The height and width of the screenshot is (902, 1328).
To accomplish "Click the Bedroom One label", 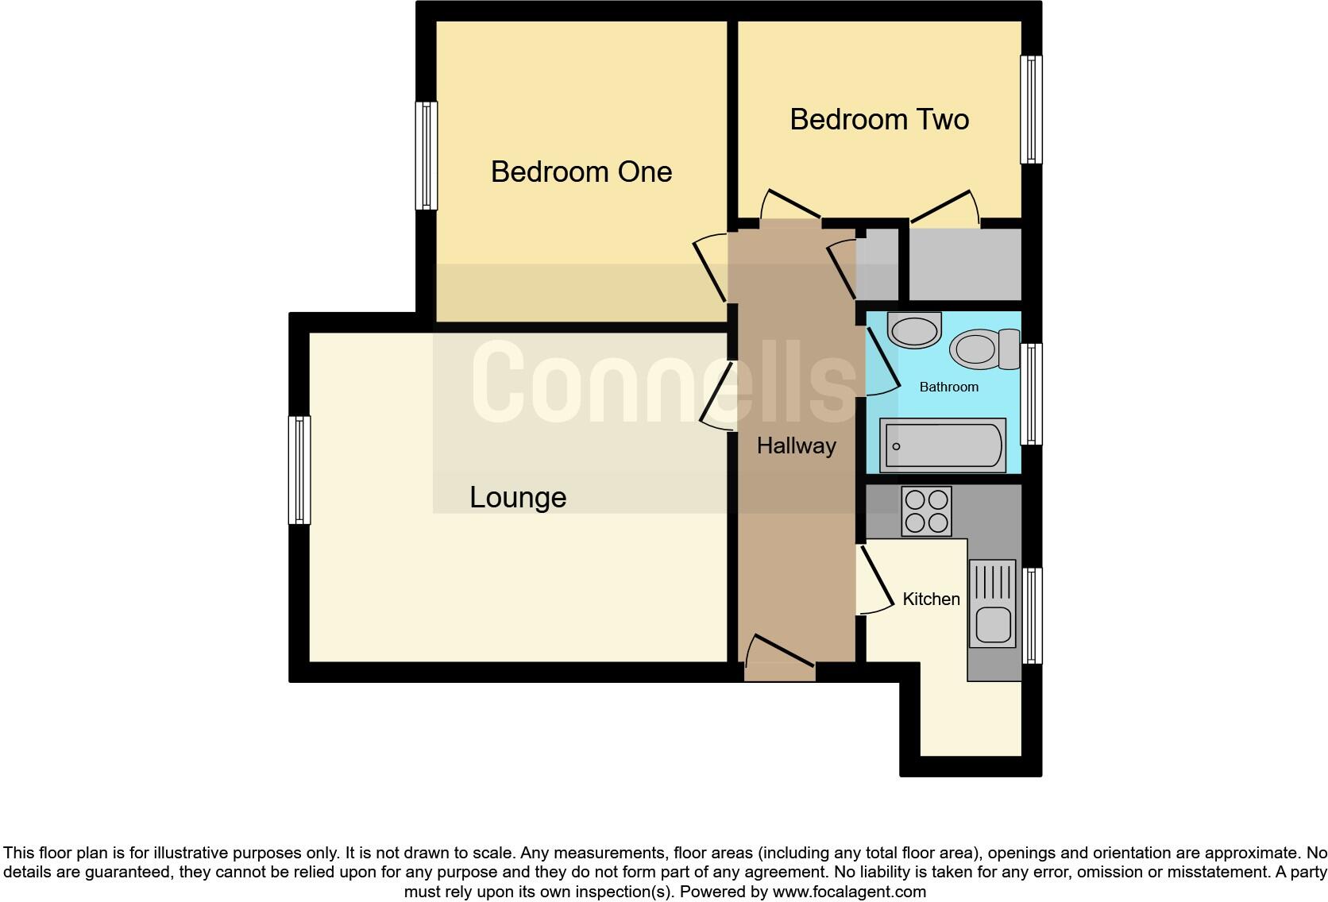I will pyautogui.click(x=581, y=172).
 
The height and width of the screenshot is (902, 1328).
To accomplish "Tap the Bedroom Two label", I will pyautogui.click(x=879, y=119).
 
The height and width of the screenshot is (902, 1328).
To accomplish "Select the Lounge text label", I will pyautogui.click(x=518, y=498).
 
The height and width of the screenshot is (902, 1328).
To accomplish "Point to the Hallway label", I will pyautogui.click(x=796, y=445).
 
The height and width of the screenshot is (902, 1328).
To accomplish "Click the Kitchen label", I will pyautogui.click(x=931, y=599).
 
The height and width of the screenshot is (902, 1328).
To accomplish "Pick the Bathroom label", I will pyautogui.click(x=948, y=387).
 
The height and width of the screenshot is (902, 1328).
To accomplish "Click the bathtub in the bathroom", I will pyautogui.click(x=943, y=445).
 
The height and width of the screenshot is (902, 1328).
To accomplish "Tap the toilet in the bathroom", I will pyautogui.click(x=983, y=349).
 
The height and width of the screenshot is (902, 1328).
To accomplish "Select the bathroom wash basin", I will pyautogui.click(x=914, y=330).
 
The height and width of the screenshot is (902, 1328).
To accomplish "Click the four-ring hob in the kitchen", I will pyautogui.click(x=926, y=511).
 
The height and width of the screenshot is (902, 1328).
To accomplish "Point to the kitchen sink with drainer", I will pyautogui.click(x=992, y=603).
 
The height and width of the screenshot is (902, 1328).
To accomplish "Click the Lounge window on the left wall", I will pyautogui.click(x=299, y=469).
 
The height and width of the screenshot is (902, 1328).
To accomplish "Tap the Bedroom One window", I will pyautogui.click(x=427, y=156).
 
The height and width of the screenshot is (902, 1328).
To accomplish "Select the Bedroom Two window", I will pyautogui.click(x=1031, y=109).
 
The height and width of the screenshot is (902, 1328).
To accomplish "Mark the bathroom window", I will pyautogui.click(x=1031, y=394).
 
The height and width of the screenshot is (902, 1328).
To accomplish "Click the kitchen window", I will pyautogui.click(x=1031, y=615).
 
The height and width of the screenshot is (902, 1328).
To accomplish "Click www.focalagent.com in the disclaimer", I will pyautogui.click(x=849, y=892).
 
